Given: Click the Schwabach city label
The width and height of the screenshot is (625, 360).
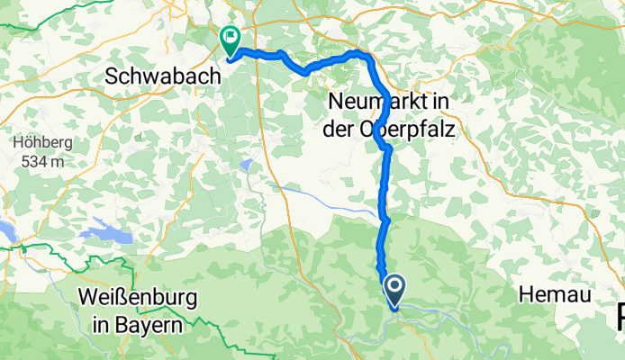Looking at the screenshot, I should coord(162,77).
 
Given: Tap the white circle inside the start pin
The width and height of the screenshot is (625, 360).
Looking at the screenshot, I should coord(394,287).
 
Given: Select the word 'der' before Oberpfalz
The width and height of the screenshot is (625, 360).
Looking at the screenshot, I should coord(340,129).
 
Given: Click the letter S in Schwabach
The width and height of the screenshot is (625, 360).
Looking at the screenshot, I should coord(113,77).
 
